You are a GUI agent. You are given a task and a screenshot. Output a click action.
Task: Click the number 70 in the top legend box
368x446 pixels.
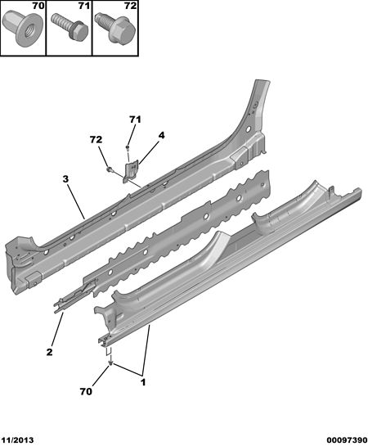click(38, 6)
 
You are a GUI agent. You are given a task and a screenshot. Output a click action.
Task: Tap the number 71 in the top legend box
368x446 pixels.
click(84, 6)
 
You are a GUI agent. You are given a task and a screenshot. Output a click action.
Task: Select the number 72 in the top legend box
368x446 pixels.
click(130, 6)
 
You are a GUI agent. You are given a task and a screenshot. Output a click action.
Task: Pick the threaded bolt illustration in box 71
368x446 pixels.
click(70, 28)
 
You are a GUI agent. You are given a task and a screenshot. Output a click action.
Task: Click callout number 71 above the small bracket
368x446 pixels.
click(135, 119)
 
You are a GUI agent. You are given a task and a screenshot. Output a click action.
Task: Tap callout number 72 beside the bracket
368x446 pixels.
click(96, 140)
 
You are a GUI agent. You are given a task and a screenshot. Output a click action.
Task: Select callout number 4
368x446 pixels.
click(161, 135)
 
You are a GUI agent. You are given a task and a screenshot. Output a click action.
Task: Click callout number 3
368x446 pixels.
click(65, 179)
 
